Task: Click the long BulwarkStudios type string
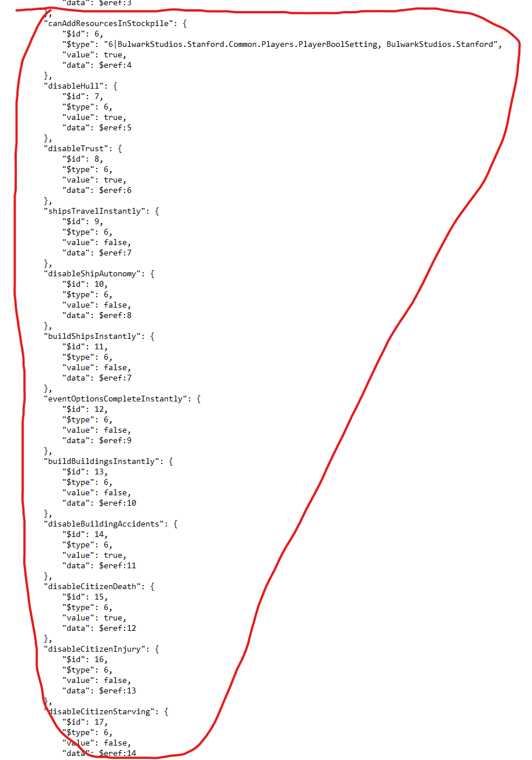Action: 301,44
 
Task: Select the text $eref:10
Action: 118,503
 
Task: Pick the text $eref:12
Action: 118,628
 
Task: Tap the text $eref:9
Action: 115,440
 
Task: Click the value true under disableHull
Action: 113,117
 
